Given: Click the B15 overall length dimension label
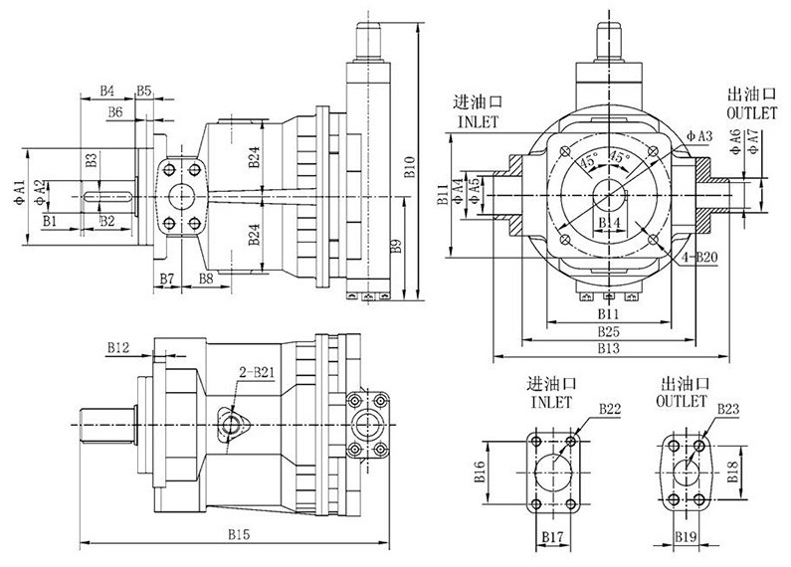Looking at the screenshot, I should pos(237,535).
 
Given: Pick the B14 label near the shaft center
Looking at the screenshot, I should pos(609,221).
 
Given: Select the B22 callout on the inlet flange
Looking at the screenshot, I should pos(610,408).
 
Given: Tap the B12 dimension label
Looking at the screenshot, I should pos(118,348).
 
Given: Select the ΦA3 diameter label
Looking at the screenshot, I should pos(699,134).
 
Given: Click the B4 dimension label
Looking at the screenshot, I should pos(109,92).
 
